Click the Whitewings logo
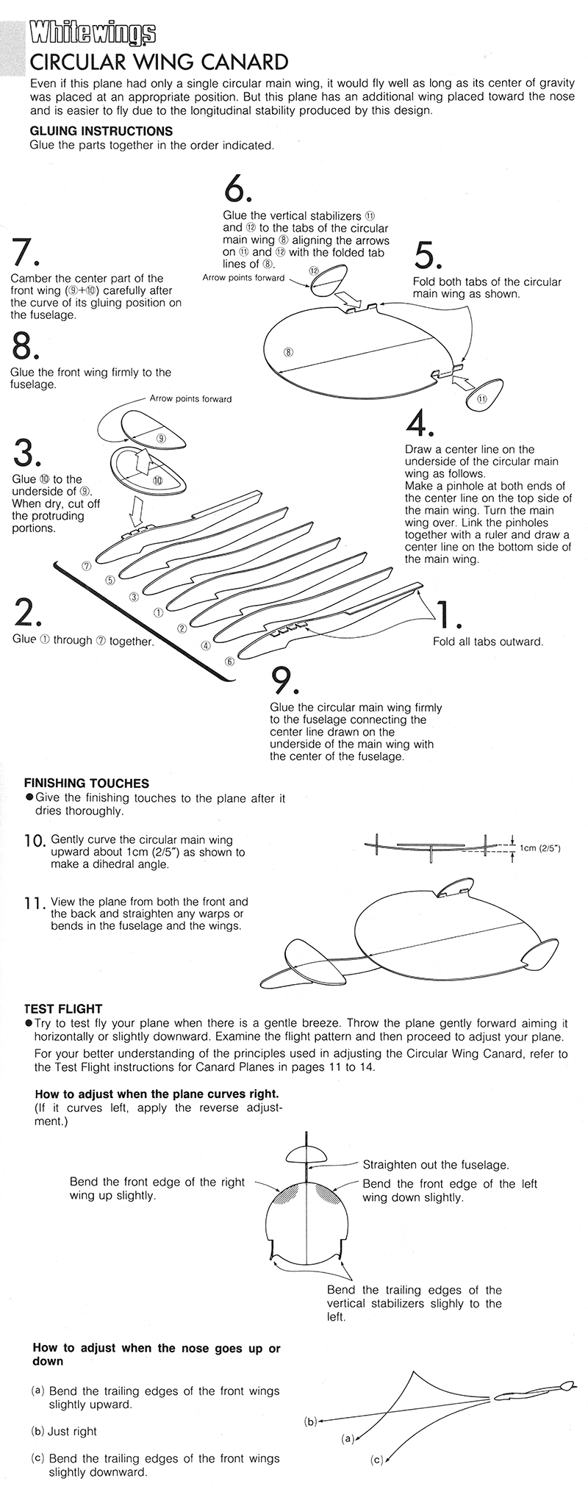click(93, 33)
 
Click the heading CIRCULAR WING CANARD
click(158, 61)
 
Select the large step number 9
click(284, 681)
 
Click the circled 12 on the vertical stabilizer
click(314, 271)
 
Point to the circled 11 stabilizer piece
click(482, 398)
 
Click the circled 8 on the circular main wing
click(289, 352)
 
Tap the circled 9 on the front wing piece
click(161, 439)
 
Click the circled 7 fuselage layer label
click(86, 566)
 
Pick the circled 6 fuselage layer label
click(230, 661)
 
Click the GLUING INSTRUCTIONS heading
click(101, 131)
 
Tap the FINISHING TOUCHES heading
click(87, 783)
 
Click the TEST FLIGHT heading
click(63, 1009)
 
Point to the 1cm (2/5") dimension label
click(540, 848)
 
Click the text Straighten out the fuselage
click(436, 1165)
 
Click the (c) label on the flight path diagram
click(377, 1459)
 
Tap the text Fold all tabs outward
click(488, 642)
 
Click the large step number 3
click(26, 453)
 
